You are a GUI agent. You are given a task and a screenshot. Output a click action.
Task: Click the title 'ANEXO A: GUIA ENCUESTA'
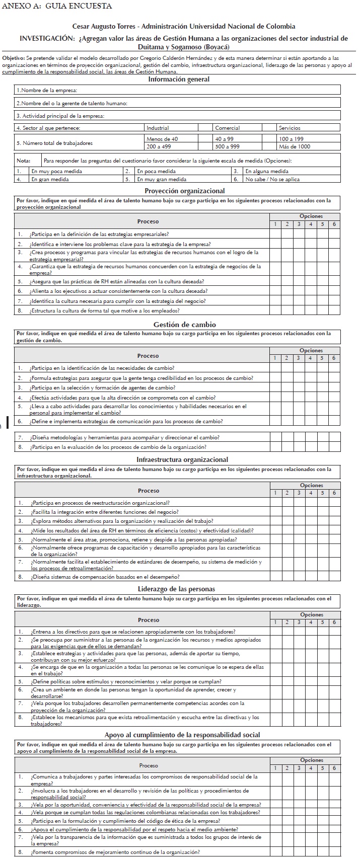[57, 7]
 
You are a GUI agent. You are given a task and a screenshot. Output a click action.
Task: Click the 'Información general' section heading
[179, 79]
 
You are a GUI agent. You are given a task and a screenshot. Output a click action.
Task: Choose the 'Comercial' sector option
[228, 128]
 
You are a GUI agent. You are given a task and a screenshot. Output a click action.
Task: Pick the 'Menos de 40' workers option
[162, 139]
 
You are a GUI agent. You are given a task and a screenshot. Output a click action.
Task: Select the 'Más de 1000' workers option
[295, 147]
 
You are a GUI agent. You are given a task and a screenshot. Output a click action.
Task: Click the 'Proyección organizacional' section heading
[184, 191]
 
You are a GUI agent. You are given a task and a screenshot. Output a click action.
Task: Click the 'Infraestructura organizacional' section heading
[182, 459]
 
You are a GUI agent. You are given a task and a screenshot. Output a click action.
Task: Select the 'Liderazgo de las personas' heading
[176, 589]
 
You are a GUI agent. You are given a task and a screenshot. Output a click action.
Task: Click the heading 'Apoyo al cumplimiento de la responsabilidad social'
[182, 735]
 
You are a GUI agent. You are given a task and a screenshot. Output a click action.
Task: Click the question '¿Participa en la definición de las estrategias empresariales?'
[99, 234]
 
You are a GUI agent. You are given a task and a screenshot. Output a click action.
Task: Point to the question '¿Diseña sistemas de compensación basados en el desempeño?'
[105, 577]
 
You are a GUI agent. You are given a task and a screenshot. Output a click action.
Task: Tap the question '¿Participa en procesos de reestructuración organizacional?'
[100, 503]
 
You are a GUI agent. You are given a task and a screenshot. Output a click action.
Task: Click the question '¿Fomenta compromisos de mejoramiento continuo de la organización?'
[115, 852]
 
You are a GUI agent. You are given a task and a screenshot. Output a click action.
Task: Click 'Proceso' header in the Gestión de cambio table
[148, 356]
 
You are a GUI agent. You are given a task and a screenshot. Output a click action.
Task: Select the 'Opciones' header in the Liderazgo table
[312, 614]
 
